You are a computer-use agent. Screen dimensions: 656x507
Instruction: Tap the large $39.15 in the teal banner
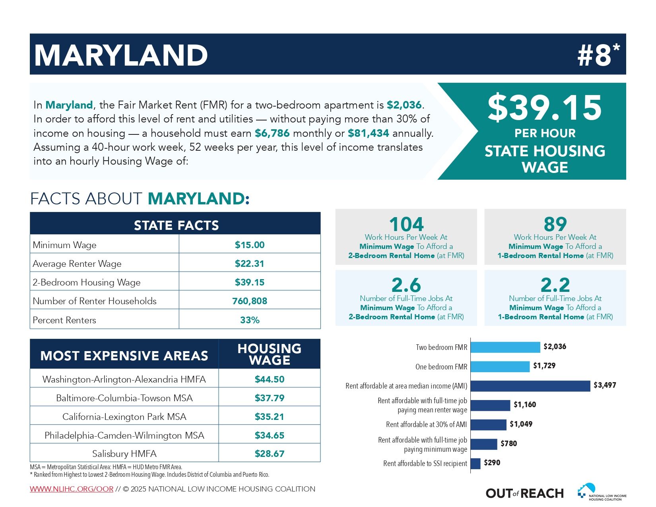tap(545, 107)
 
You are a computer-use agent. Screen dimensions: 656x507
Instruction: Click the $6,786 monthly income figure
tap(272, 133)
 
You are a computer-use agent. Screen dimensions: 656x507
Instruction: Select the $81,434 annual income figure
tap(368, 133)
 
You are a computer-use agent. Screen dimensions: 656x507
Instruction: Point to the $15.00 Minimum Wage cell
tap(250, 245)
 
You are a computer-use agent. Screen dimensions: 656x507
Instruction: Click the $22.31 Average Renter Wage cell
tap(250, 263)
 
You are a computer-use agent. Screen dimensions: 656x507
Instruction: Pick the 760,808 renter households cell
tap(250, 301)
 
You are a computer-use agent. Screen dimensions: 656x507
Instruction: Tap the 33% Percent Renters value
tap(250, 320)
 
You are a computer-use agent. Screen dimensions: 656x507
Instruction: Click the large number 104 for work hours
tap(406, 224)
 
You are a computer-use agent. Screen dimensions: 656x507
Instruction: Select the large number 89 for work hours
tap(555, 224)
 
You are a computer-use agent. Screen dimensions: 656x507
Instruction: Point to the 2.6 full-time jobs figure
tap(406, 285)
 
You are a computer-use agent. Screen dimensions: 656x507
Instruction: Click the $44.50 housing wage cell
tap(270, 379)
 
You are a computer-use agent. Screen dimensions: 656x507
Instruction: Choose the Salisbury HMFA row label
tap(124, 454)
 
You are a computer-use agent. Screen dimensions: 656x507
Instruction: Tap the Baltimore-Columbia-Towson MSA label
tap(124, 398)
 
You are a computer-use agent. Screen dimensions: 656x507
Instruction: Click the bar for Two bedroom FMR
tap(505, 347)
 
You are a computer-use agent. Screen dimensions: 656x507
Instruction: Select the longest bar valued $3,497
tap(530, 386)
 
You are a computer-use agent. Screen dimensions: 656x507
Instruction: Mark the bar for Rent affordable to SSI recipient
tap(476, 464)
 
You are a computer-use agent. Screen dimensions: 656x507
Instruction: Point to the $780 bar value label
tap(508, 443)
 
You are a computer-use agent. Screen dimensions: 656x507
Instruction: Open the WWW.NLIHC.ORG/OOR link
tap(72, 489)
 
